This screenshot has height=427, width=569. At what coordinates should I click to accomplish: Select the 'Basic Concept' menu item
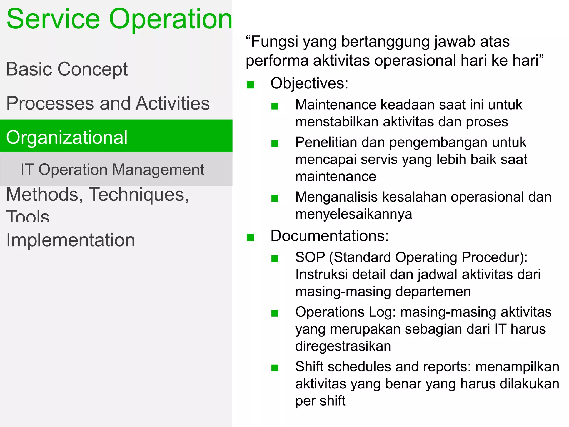67,69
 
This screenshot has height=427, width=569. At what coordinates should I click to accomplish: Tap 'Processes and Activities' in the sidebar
108,103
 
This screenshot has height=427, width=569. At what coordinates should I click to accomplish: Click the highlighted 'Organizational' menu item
67,137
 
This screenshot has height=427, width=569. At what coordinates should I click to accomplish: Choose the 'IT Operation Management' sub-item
112,170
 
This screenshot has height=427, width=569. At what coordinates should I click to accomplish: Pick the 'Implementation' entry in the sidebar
71,240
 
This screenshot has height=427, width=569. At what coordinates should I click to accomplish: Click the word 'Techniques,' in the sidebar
139,195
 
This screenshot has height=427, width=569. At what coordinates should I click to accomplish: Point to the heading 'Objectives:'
309,83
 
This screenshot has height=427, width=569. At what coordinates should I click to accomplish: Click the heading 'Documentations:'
330,236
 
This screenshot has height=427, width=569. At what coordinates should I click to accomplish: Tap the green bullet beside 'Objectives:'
250,85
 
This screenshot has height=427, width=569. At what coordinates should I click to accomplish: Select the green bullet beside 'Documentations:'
250,237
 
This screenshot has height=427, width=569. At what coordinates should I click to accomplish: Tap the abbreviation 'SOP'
310,257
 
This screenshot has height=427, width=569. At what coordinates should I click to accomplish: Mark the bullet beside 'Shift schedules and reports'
275,368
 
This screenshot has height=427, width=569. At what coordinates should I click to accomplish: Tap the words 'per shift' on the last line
320,401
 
